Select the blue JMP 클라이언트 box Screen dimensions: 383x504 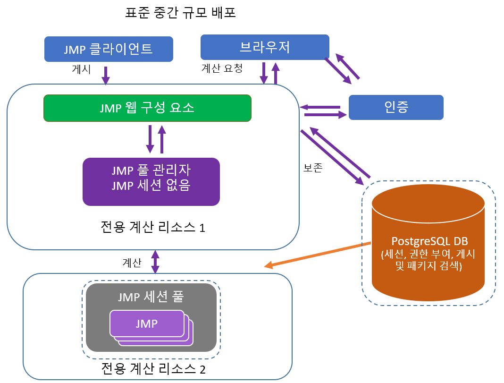tap(109, 49)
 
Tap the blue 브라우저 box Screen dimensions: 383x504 tap(265, 47)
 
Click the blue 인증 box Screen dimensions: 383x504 tap(396, 107)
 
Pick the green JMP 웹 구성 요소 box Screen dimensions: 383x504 tap(147, 108)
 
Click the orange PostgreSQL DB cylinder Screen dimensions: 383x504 tap(428, 246)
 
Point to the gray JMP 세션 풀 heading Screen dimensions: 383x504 tap(151, 297)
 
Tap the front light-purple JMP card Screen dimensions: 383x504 tap(146, 323)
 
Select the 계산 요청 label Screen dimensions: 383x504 tap(222, 68)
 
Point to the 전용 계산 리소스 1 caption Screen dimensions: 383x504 tap(153, 228)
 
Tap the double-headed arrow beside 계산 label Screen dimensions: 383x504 tap(155, 261)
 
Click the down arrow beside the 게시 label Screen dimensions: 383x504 tap(106, 75)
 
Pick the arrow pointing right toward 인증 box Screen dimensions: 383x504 tap(325, 114)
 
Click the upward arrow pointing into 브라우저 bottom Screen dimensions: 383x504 tap(276, 73)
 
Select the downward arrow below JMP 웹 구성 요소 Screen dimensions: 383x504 tap(150, 139)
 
